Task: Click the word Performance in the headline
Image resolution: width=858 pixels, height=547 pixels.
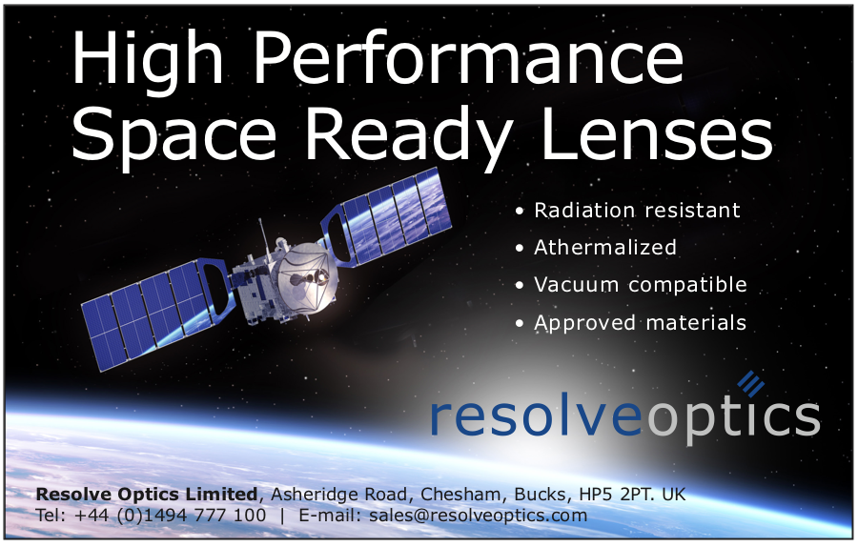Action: pos(469,58)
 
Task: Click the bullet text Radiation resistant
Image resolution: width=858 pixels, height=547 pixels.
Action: pos(637,210)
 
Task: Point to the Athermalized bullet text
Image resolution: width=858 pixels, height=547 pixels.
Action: pos(605,247)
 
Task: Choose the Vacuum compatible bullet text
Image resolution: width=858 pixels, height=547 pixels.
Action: pos(641,285)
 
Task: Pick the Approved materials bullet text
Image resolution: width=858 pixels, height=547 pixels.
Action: pos(641,323)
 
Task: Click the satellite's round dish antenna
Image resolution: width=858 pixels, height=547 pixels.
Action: pos(306,276)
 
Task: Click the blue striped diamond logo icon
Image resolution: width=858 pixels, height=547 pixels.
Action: pos(751,383)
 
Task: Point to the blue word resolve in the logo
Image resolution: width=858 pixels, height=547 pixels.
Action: pos(536,416)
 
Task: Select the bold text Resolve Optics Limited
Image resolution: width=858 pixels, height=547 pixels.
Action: pos(147,494)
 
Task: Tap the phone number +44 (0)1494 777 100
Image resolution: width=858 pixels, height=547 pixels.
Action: pos(170,516)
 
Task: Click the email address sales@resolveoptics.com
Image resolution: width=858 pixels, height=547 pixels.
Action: pos(478,516)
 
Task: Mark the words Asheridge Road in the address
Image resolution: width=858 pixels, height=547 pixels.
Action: pos(339,495)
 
